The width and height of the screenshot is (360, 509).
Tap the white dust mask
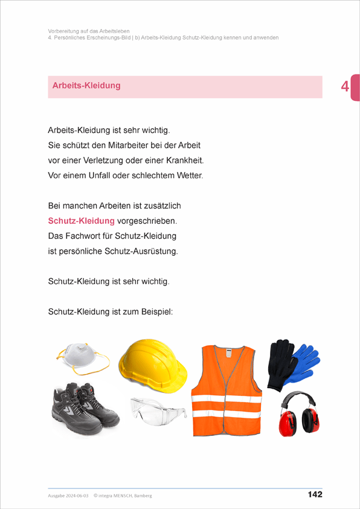(82, 357)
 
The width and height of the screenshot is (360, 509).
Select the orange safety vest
(226, 390)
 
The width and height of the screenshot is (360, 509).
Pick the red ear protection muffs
(297, 414)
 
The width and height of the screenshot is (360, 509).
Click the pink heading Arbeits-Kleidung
(86, 86)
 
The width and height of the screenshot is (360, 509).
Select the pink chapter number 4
(345, 87)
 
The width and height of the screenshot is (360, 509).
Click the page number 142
(315, 494)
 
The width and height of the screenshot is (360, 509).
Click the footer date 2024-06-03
(76, 496)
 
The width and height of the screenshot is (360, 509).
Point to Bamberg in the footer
(141, 496)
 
